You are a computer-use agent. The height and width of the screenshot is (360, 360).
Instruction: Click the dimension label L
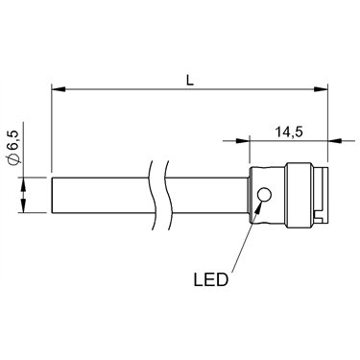[x=190, y=80]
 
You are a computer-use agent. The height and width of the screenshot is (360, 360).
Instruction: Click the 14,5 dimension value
[x=289, y=132]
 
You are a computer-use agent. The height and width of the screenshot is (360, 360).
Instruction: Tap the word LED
[x=211, y=279]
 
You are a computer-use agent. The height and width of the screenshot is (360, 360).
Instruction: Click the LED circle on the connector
[x=264, y=195]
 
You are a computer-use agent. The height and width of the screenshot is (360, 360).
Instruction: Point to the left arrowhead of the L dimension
[x=59, y=89]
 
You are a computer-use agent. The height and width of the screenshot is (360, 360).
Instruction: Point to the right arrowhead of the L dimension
[x=321, y=89]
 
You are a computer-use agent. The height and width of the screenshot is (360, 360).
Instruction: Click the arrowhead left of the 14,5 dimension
[x=243, y=140]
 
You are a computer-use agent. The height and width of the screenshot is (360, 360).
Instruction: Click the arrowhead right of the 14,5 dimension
[x=335, y=140]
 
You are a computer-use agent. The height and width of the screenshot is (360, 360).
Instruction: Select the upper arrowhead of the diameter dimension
[x=24, y=184]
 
